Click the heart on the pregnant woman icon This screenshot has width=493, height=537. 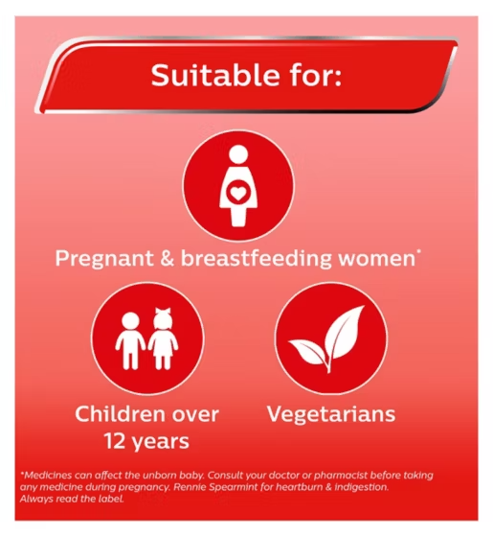[x=237, y=194]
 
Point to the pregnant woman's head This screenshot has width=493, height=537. [x=238, y=154]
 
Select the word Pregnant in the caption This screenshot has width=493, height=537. [x=104, y=259]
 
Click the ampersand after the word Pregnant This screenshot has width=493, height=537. [x=168, y=258]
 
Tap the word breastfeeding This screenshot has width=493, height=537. [x=257, y=259]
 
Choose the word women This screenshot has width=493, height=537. [x=377, y=259]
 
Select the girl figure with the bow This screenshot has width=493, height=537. [x=163, y=339]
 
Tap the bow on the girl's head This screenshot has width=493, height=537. [x=163, y=313]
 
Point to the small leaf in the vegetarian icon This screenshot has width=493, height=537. [x=306, y=351]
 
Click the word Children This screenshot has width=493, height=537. [x=121, y=414]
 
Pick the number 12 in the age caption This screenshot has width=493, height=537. [x=115, y=441]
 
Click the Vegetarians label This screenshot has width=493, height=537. [x=331, y=415]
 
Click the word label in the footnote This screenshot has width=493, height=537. [x=115, y=499]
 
